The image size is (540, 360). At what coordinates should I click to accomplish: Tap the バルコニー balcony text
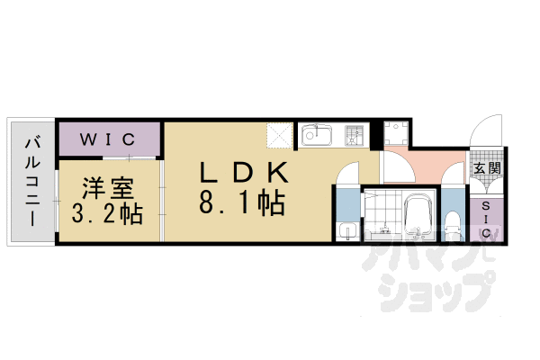point(31,180)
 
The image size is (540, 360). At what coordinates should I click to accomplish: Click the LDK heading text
point(240,171)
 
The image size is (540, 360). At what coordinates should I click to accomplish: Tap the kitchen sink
point(317,137)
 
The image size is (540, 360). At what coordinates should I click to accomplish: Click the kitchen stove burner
point(355,136)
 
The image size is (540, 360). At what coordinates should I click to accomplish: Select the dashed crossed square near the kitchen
point(280,137)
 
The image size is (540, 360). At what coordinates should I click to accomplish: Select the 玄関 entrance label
point(487,168)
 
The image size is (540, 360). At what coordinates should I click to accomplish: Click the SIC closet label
point(487,219)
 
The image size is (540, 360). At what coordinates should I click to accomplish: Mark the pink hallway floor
point(423,166)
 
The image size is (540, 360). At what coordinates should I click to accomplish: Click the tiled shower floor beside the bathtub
point(385,216)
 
